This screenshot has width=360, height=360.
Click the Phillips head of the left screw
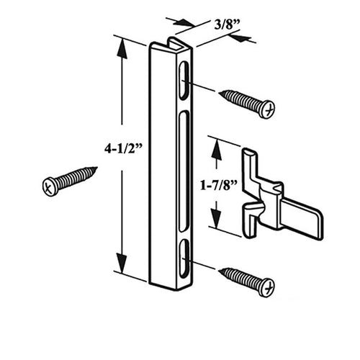pos(49,186)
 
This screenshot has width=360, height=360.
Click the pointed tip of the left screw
pos(96,169)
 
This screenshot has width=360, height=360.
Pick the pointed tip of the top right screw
pos(220,92)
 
